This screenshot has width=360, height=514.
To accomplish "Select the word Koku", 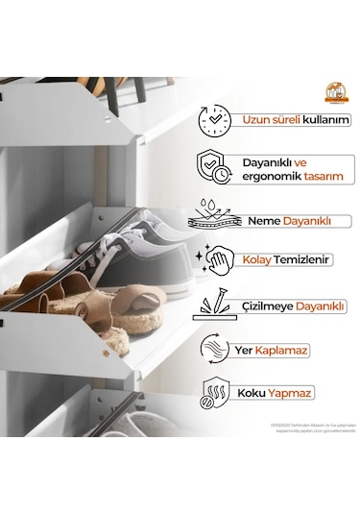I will [x=257, y=394].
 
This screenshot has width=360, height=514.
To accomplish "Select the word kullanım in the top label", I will [x=324, y=121].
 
